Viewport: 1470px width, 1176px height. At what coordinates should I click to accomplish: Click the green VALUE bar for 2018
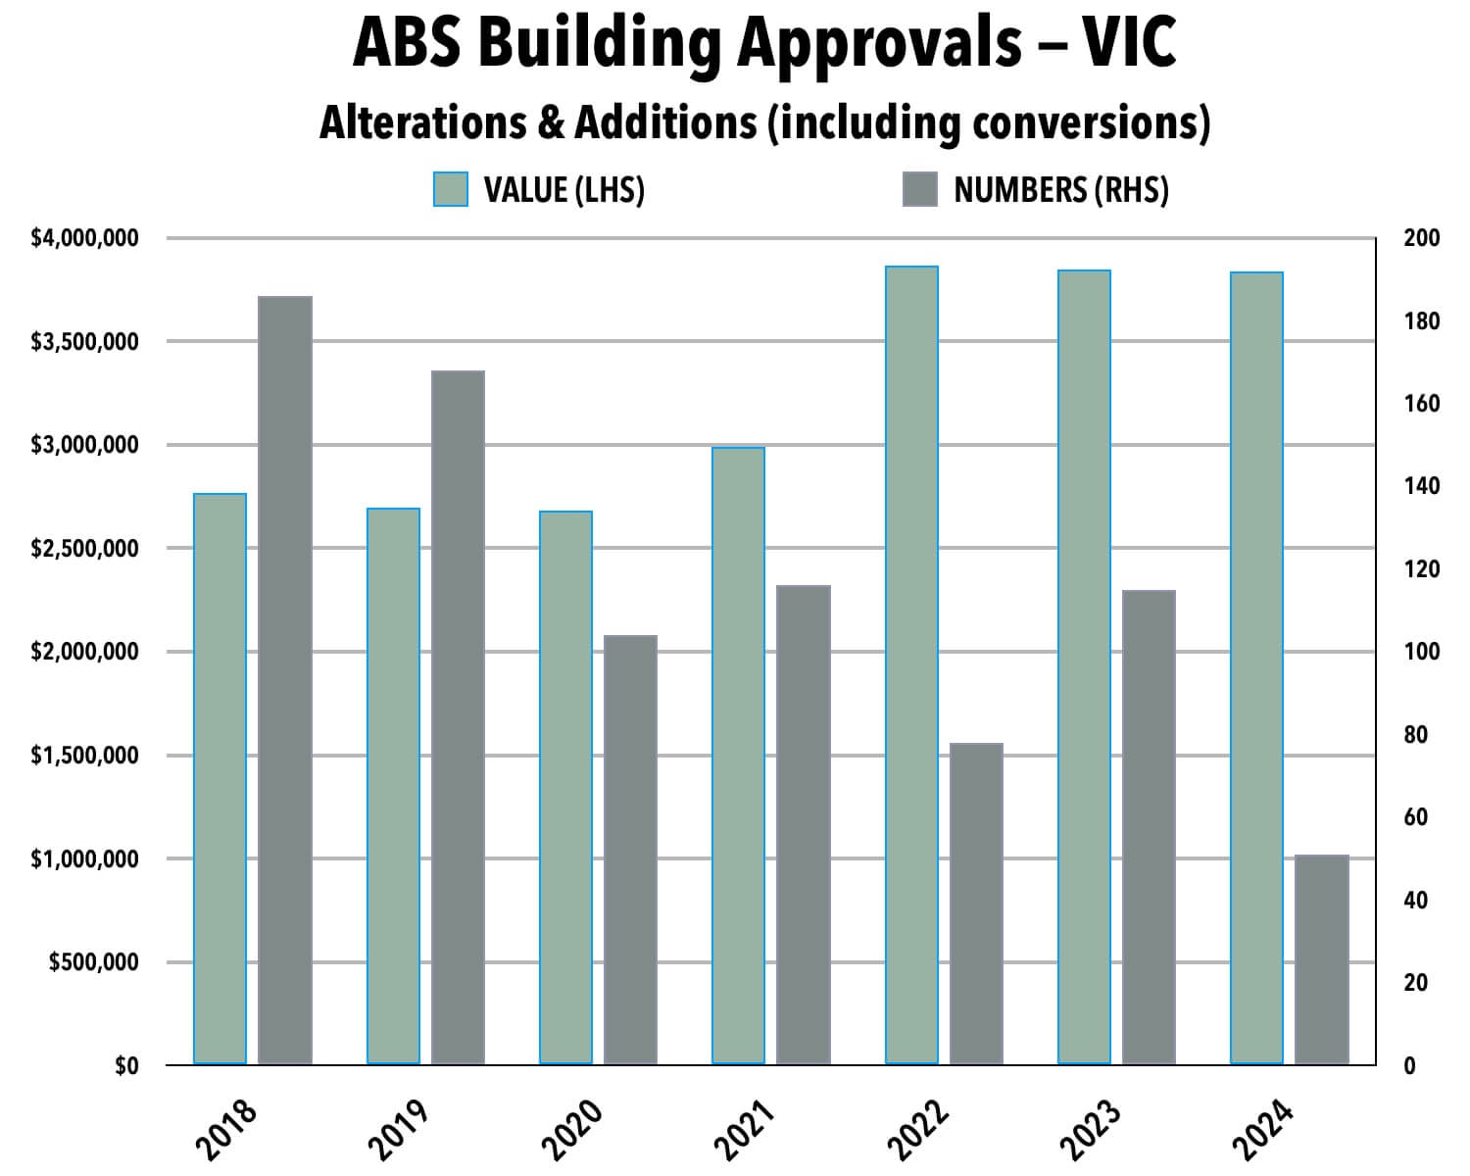pyautogui.click(x=220, y=779)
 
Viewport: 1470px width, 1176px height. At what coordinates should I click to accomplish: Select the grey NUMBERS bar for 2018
pyautogui.click(x=285, y=680)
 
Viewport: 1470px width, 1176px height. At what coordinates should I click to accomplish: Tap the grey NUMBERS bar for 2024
pyautogui.click(x=1321, y=959)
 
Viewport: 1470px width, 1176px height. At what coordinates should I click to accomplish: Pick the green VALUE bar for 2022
pyautogui.click(x=911, y=665)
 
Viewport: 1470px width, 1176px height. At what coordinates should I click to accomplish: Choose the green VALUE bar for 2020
pyautogui.click(x=565, y=788)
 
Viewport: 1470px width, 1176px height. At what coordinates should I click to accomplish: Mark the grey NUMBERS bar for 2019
pyautogui.click(x=458, y=717)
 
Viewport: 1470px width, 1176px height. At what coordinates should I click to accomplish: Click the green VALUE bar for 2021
pyautogui.click(x=738, y=756)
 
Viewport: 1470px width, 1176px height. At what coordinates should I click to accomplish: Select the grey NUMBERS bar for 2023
pyautogui.click(x=1149, y=827)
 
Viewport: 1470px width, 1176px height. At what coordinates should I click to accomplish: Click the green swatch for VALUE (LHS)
pyautogui.click(x=451, y=189)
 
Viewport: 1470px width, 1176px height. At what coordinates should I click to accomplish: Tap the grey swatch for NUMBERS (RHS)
pyautogui.click(x=919, y=189)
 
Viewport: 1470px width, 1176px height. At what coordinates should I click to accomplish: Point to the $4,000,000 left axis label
pyautogui.click(x=85, y=238)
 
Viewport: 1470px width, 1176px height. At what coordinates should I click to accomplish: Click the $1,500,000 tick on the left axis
pyautogui.click(x=85, y=756)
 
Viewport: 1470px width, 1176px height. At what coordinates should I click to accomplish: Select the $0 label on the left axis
pyautogui.click(x=126, y=1066)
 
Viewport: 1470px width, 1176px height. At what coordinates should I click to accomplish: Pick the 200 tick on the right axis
pyautogui.click(x=1421, y=238)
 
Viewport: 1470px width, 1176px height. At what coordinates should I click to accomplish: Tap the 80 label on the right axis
pyautogui.click(x=1415, y=735)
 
